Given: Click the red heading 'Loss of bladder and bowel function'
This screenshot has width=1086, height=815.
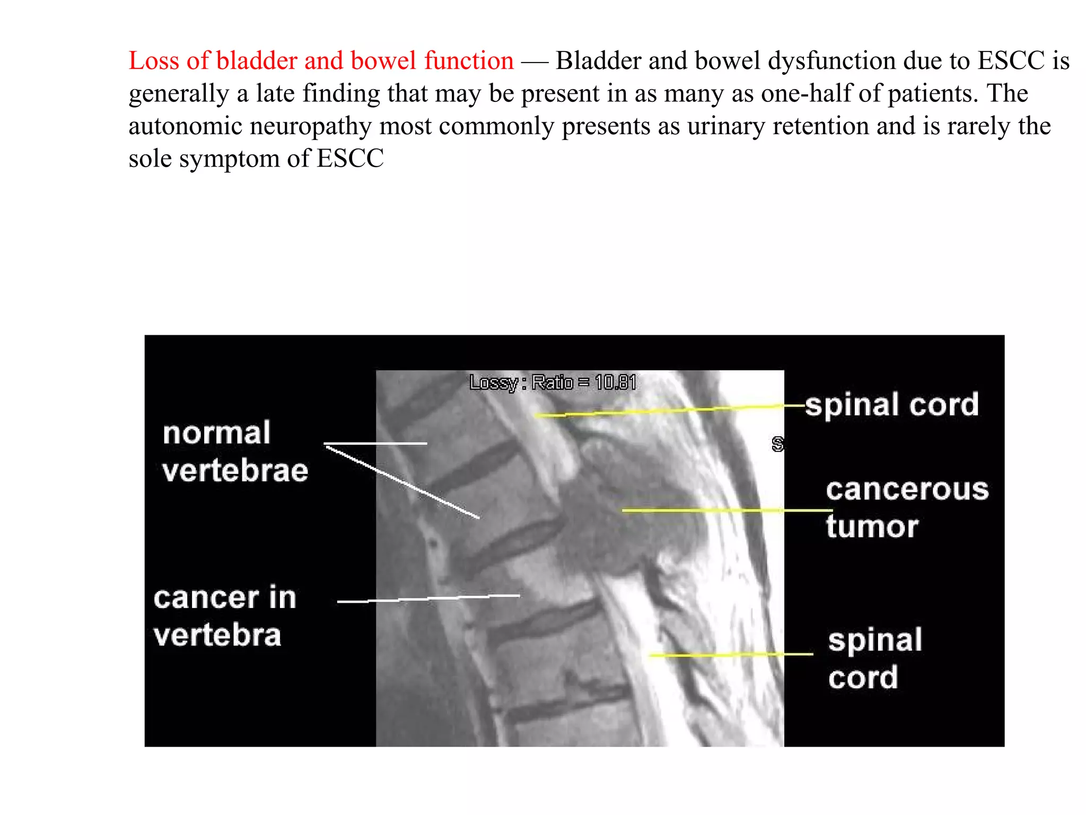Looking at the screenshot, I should click(321, 60).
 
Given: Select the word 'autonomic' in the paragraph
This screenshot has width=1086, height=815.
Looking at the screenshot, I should click(186, 126).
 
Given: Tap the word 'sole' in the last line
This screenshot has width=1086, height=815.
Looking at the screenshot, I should click(150, 159).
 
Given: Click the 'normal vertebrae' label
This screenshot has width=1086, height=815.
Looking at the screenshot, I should click(235, 452).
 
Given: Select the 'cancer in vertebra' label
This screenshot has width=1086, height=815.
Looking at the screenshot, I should click(224, 617).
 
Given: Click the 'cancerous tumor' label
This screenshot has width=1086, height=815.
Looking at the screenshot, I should click(907, 508).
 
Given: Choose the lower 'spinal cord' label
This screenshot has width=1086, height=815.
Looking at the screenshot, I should click(875, 658).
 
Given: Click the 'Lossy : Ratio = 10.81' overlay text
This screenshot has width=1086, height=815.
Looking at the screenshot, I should click(553, 383).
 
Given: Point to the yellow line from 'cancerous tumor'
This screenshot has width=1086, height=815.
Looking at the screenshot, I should click(726, 510).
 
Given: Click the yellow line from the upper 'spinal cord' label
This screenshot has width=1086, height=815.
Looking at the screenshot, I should click(663, 411).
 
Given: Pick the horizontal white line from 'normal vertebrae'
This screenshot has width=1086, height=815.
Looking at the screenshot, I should click(375, 443).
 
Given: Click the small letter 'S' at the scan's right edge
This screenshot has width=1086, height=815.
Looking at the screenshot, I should click(777, 444).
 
